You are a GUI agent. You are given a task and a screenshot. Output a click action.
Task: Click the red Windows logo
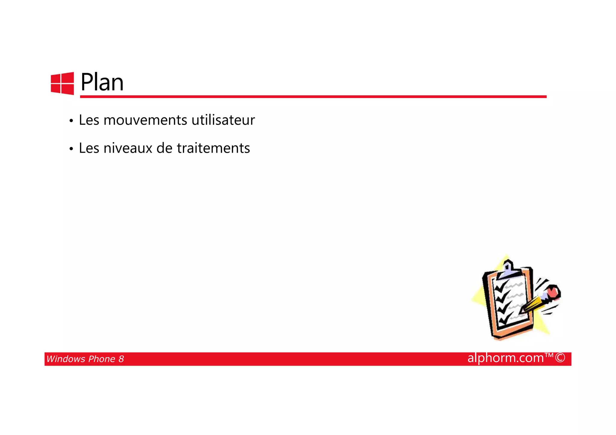coord(62,83)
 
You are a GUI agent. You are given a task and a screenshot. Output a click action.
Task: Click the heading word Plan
coord(102,82)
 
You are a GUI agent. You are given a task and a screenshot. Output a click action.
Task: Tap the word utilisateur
coord(223,120)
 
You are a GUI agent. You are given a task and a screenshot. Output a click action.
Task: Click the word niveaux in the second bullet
coord(128,148)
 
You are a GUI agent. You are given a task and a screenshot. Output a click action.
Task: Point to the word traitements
coord(213,148)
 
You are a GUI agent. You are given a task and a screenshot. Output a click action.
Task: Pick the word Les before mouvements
coord(89,120)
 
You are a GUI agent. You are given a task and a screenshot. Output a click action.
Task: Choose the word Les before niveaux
coord(89,148)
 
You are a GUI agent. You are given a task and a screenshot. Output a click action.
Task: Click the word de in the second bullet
coord(165,148)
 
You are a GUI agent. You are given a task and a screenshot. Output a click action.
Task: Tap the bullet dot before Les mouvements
coord(71,121)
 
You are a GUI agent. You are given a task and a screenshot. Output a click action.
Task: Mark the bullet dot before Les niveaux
coord(71,149)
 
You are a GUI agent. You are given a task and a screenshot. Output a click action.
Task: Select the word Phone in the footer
coord(102,359)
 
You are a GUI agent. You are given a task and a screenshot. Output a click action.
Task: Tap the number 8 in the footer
coord(121,359)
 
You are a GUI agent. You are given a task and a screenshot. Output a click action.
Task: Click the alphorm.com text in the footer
coord(506,358)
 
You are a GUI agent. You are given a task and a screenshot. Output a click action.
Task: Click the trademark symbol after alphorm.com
coord(549,355)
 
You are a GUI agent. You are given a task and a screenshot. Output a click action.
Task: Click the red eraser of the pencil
coord(553,292)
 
